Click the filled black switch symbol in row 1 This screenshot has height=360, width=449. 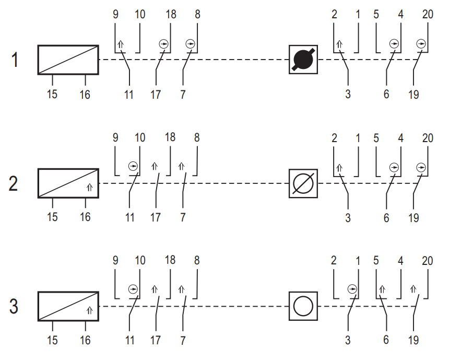(x=303, y=60)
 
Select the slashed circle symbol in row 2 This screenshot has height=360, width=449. (x=303, y=183)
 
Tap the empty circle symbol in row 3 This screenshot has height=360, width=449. (x=303, y=306)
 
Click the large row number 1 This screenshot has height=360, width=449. (x=14, y=60)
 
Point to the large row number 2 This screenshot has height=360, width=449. (x=14, y=184)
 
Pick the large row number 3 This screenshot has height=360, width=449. (x=14, y=306)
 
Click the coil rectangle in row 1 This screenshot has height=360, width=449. (x=68, y=60)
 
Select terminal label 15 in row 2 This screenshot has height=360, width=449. (x=52, y=217)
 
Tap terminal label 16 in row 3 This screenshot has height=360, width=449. (x=85, y=340)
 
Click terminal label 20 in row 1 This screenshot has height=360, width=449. (x=428, y=14)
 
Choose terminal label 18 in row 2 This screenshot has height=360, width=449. (x=170, y=137)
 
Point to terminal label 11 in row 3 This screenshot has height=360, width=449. (x=129, y=340)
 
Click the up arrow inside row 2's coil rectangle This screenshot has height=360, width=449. (x=90, y=188)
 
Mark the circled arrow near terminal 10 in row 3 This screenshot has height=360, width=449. (x=133, y=289)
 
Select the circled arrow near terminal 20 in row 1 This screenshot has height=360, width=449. (x=421, y=44)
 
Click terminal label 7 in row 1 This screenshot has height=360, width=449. (x=183, y=94)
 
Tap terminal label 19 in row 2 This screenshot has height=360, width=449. (x=413, y=218)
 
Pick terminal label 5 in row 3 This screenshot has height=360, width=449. (x=376, y=260)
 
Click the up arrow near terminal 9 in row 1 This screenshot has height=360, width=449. (x=121, y=44)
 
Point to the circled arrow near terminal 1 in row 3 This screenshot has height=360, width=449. (x=352, y=289)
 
